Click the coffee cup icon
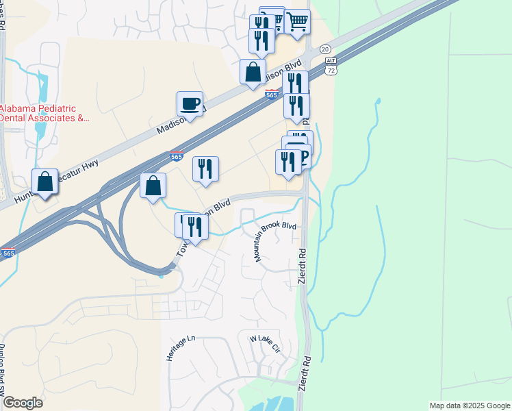[x=190, y=104]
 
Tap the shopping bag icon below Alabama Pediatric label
[x=44, y=183]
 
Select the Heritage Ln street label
[x=172, y=348]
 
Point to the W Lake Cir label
[x=265, y=343]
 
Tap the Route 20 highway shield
[x=325, y=49]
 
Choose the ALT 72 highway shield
[x=331, y=67]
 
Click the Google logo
[x=23, y=403]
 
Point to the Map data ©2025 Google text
[x=470, y=406]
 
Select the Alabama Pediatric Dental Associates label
[x=44, y=113]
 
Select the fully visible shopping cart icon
[x=297, y=22]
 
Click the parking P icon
[x=301, y=158]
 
